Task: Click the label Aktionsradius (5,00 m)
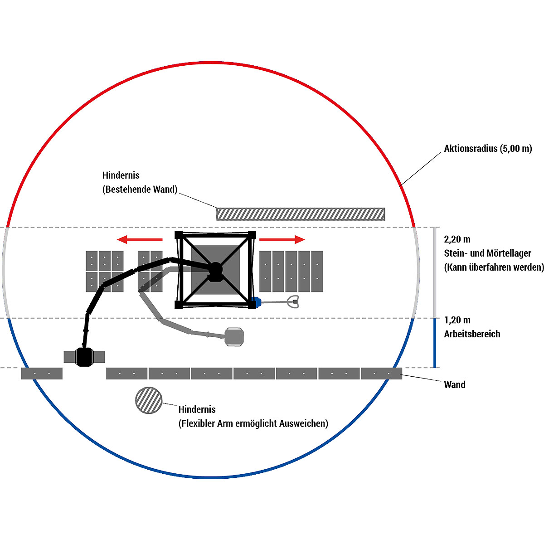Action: (488, 149)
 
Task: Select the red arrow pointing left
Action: (140, 239)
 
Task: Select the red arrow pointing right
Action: (282, 239)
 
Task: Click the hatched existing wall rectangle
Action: (301, 214)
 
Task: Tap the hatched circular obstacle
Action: (149, 400)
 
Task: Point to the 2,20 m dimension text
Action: (457, 239)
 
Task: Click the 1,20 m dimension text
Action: (457, 320)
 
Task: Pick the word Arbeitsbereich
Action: (472, 334)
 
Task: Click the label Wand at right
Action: (455, 384)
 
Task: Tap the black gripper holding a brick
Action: (84, 357)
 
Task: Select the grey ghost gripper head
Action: (234, 337)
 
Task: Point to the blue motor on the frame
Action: (257, 302)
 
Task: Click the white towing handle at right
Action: (293, 302)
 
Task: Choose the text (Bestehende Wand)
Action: (140, 189)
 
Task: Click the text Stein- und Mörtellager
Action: (487, 253)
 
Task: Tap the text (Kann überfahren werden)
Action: (494, 267)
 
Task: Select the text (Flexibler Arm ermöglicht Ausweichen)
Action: (253, 423)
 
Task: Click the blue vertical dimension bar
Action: (435, 343)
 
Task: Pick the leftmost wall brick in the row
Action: (42, 374)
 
